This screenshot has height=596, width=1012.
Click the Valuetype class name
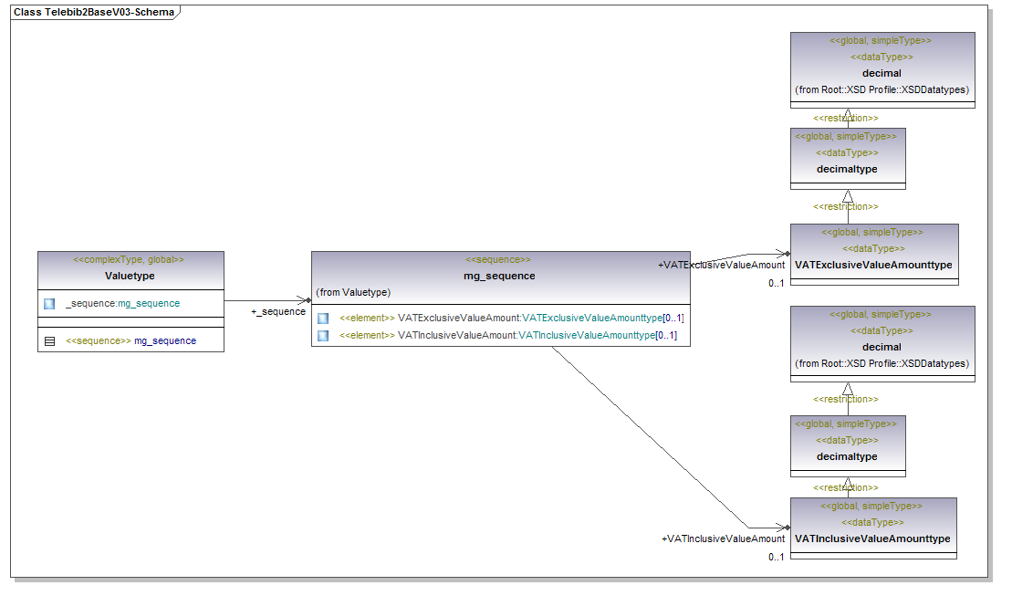coord(130,276)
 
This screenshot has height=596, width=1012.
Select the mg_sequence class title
coord(499,276)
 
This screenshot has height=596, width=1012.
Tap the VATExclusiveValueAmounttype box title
coord(873,265)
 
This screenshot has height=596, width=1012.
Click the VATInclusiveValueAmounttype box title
coord(872,538)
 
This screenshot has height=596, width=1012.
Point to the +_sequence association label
coord(278,312)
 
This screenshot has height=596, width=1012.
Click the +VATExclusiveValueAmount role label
coord(721,265)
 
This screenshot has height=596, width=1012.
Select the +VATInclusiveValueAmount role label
coord(723,538)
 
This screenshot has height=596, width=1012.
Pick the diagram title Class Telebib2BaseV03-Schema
coord(94,13)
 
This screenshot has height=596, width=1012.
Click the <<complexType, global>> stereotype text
coord(130,260)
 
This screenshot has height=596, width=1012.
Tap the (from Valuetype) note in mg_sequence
coord(353,292)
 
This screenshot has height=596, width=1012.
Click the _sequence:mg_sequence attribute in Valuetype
coord(122,303)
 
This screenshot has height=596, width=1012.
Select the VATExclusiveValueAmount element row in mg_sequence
coord(511,318)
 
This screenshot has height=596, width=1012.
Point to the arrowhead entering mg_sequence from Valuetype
coord(307,299)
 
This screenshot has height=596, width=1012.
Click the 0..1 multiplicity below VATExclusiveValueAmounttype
coord(777,283)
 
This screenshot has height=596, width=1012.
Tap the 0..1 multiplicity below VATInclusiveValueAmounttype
coord(777,557)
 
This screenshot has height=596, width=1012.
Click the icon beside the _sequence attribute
coord(49,303)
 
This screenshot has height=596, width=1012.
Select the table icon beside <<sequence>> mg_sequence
coord(49,340)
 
